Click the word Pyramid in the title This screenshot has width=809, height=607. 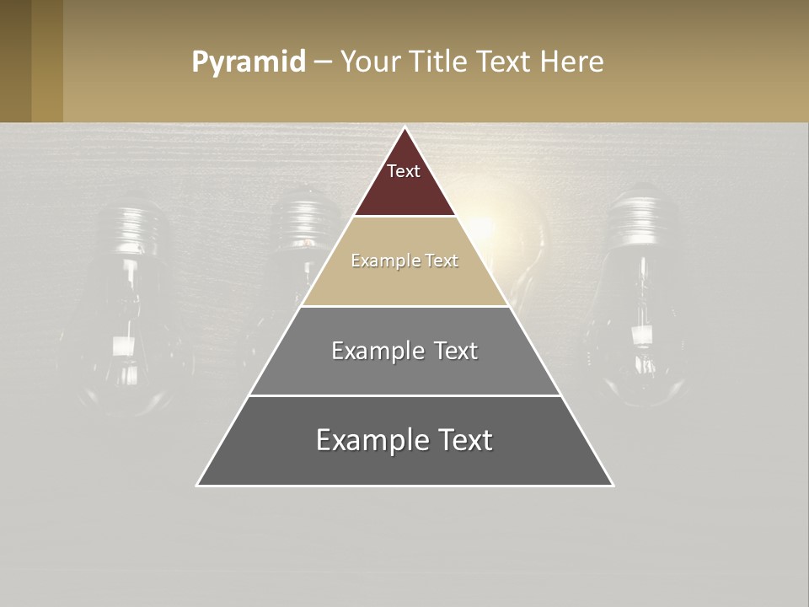[248, 62]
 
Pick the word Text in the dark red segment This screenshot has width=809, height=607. [404, 171]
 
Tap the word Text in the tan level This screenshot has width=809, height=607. [442, 261]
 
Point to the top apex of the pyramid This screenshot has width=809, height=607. [404, 128]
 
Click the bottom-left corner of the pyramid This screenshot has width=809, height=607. [198, 485]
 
